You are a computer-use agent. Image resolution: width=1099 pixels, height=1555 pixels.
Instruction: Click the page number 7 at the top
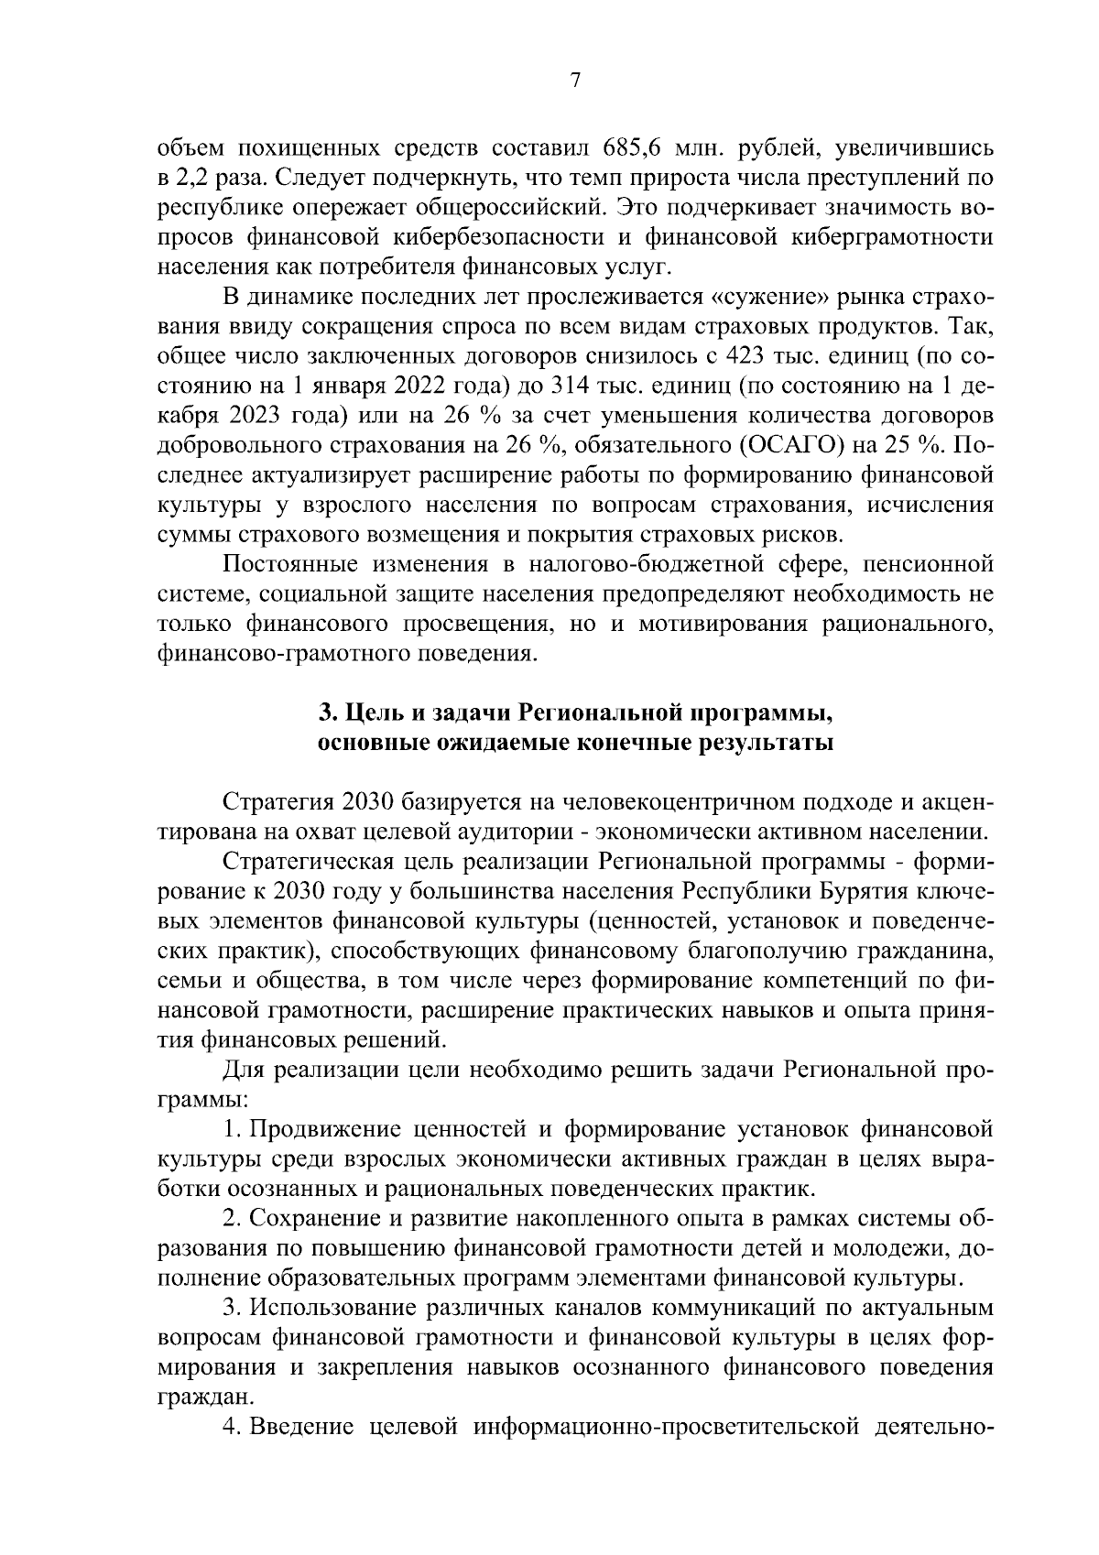tap(575, 81)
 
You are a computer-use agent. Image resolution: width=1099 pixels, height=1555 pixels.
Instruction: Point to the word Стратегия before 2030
tap(276, 801)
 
